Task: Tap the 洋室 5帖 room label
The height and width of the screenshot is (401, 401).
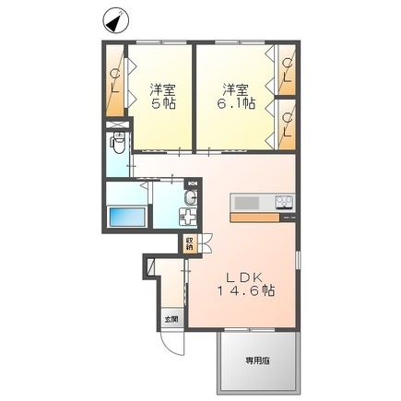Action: [163, 97]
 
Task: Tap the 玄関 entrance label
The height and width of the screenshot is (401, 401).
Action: [171, 321]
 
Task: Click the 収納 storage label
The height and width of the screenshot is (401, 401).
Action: [190, 244]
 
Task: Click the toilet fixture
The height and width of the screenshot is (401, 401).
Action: [117, 144]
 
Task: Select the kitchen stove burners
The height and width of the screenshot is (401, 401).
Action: [282, 203]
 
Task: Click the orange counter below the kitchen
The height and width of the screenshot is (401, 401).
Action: [263, 218]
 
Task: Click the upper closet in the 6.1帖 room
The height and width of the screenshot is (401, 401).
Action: [288, 70]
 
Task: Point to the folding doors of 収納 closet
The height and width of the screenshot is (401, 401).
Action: [205, 244]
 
